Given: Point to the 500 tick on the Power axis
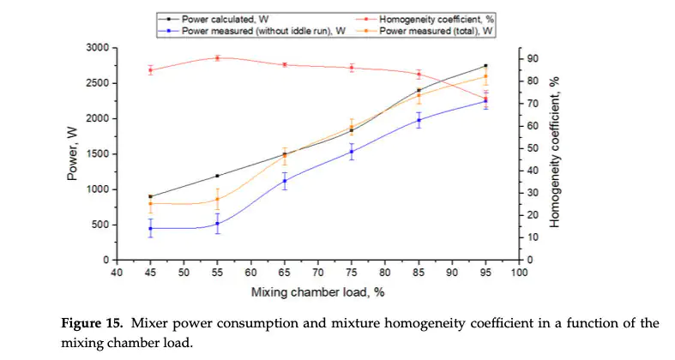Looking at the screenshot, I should [102, 225].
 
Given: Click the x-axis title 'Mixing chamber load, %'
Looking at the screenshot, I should [316, 292].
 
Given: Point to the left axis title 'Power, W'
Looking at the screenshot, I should [74, 154].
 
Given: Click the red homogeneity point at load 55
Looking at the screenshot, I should [217, 57].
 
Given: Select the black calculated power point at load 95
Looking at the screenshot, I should [485, 65].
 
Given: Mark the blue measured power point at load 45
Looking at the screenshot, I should [150, 228].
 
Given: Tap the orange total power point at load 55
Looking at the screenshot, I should [217, 199].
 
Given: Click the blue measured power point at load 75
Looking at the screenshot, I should [352, 152].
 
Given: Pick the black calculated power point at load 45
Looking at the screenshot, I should [150, 196].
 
